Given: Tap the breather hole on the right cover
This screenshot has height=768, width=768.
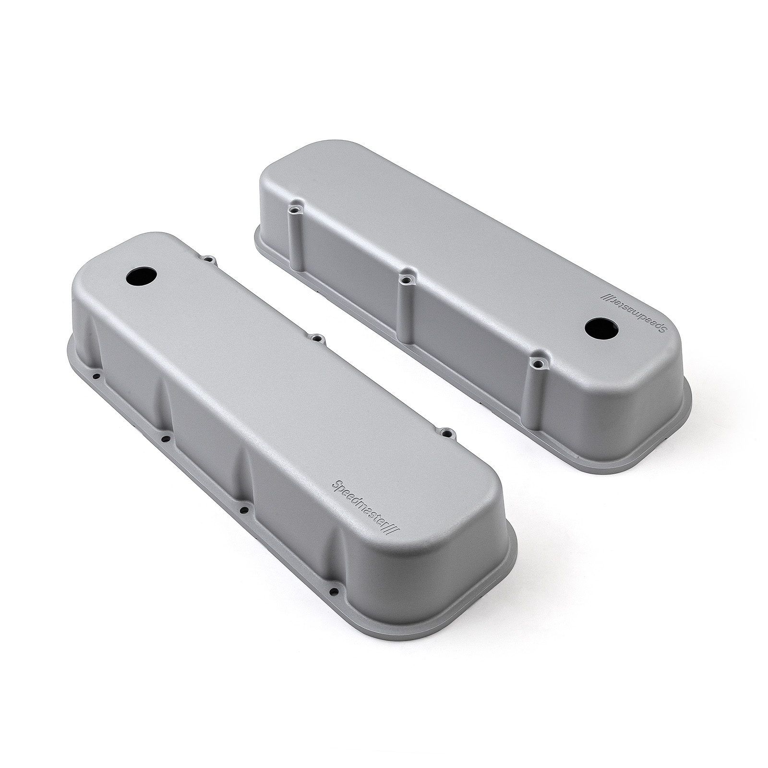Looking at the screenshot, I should pos(598,328).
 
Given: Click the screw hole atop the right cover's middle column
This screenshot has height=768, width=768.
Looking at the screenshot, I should pos(406,278).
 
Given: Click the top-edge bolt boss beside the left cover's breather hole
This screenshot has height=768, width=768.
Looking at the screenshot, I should pos(208,259).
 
